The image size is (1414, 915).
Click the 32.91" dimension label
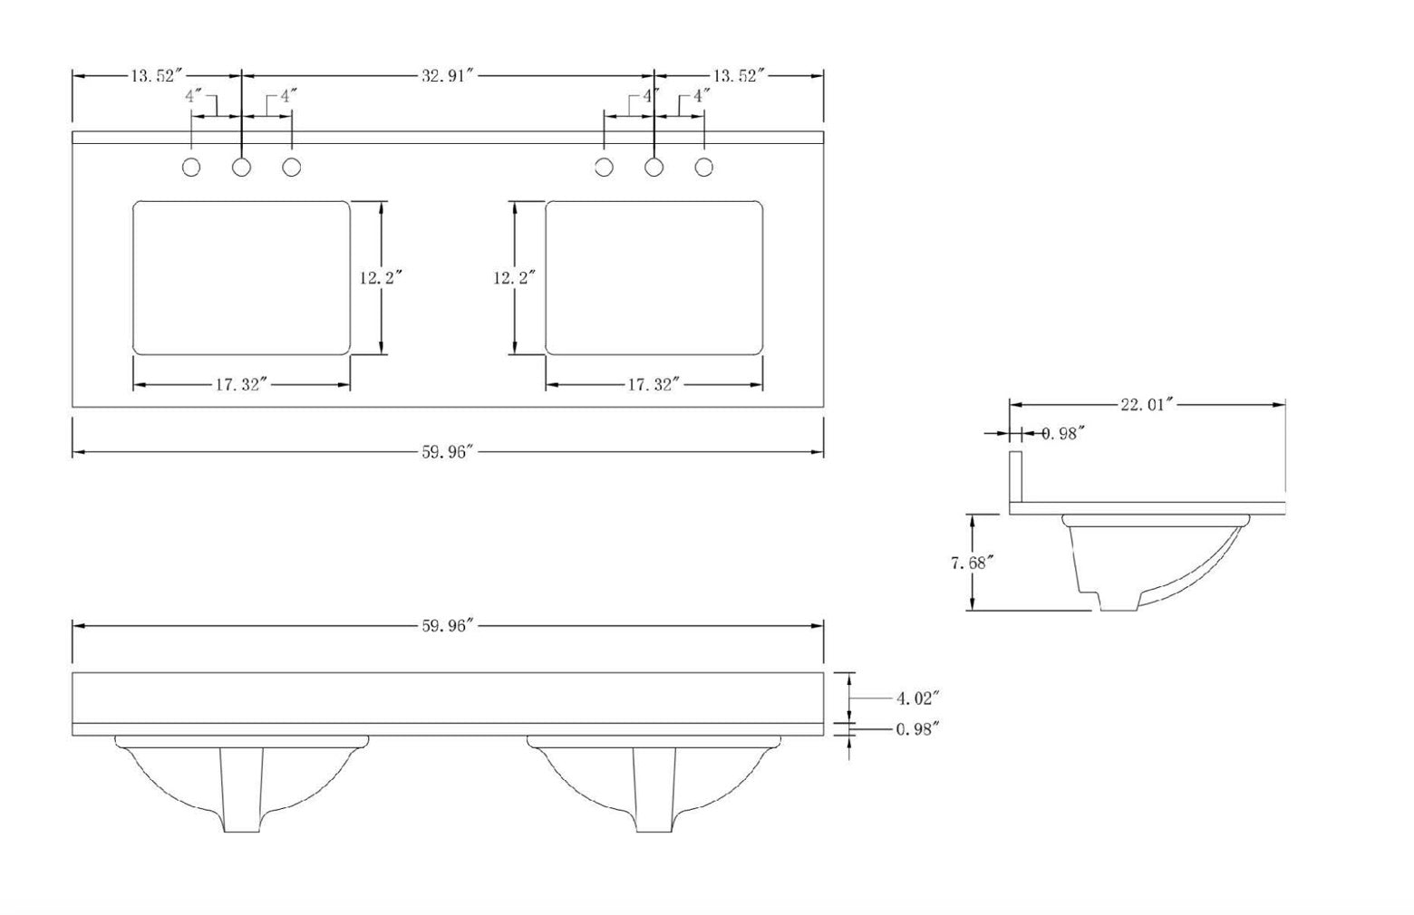[x=448, y=76]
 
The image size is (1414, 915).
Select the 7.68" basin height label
[x=972, y=563]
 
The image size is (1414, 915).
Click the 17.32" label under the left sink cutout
[x=242, y=385]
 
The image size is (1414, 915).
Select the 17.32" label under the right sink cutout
[x=654, y=385]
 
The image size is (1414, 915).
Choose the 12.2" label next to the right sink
[x=514, y=278]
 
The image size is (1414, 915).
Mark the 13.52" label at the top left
[x=157, y=76]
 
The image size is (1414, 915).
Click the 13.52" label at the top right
[x=740, y=76]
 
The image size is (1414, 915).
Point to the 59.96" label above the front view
[x=448, y=626]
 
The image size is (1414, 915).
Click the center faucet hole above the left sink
[x=242, y=168]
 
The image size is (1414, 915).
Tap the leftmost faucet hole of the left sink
[x=191, y=168]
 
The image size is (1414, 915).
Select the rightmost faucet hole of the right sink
[x=704, y=168]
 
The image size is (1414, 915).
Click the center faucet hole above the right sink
[x=654, y=168]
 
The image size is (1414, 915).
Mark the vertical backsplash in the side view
[x=1016, y=477]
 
